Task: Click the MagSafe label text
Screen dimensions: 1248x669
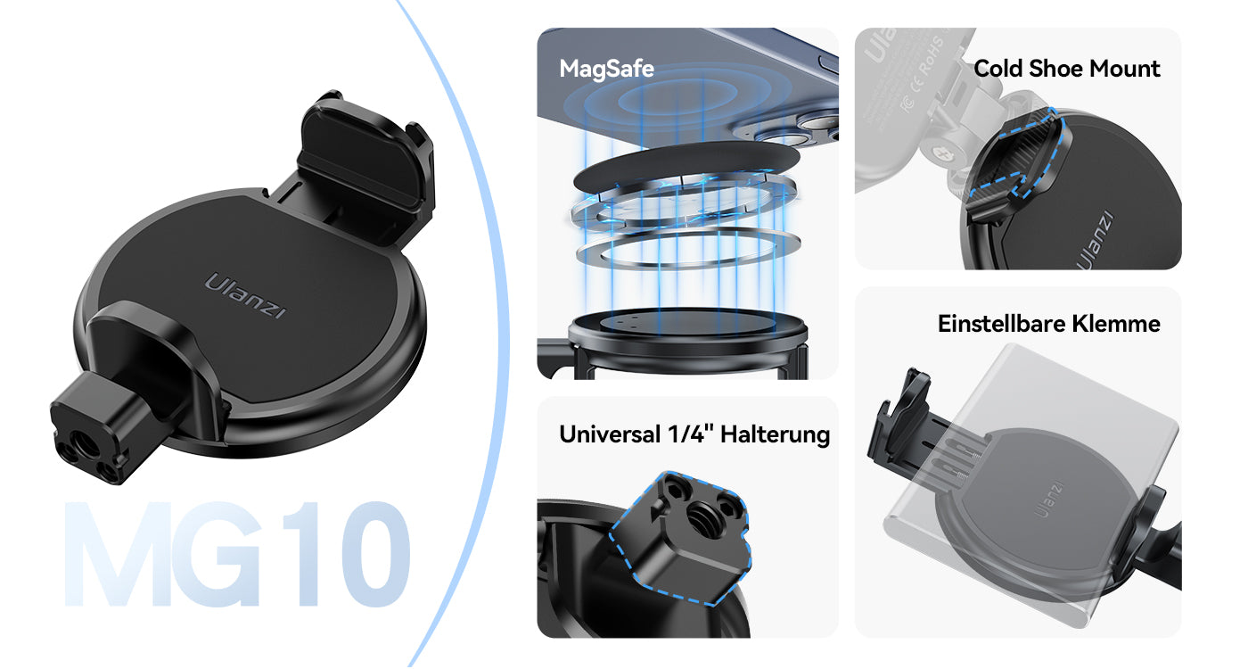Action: (606, 70)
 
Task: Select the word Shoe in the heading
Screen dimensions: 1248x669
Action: (1055, 69)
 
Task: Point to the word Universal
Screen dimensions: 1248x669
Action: (610, 434)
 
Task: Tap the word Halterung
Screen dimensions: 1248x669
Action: (775, 435)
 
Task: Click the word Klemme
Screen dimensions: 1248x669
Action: (1116, 324)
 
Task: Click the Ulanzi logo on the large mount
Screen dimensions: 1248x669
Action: (245, 296)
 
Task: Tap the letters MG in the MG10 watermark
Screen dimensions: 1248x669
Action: (161, 554)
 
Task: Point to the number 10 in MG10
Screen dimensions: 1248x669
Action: (347, 554)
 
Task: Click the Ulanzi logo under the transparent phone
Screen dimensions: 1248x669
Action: (1048, 499)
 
